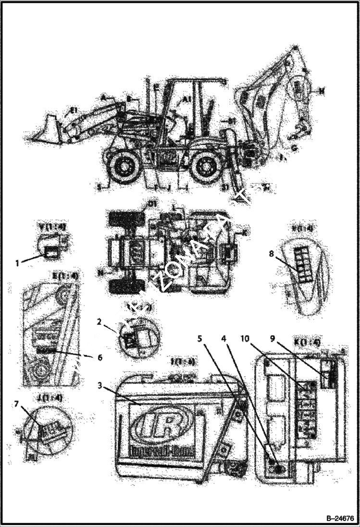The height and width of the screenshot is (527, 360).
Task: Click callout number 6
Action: (99, 357)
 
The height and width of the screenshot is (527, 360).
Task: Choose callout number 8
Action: (272, 254)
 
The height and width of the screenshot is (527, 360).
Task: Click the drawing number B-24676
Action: (340, 518)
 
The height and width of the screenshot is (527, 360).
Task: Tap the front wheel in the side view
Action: (124, 166)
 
